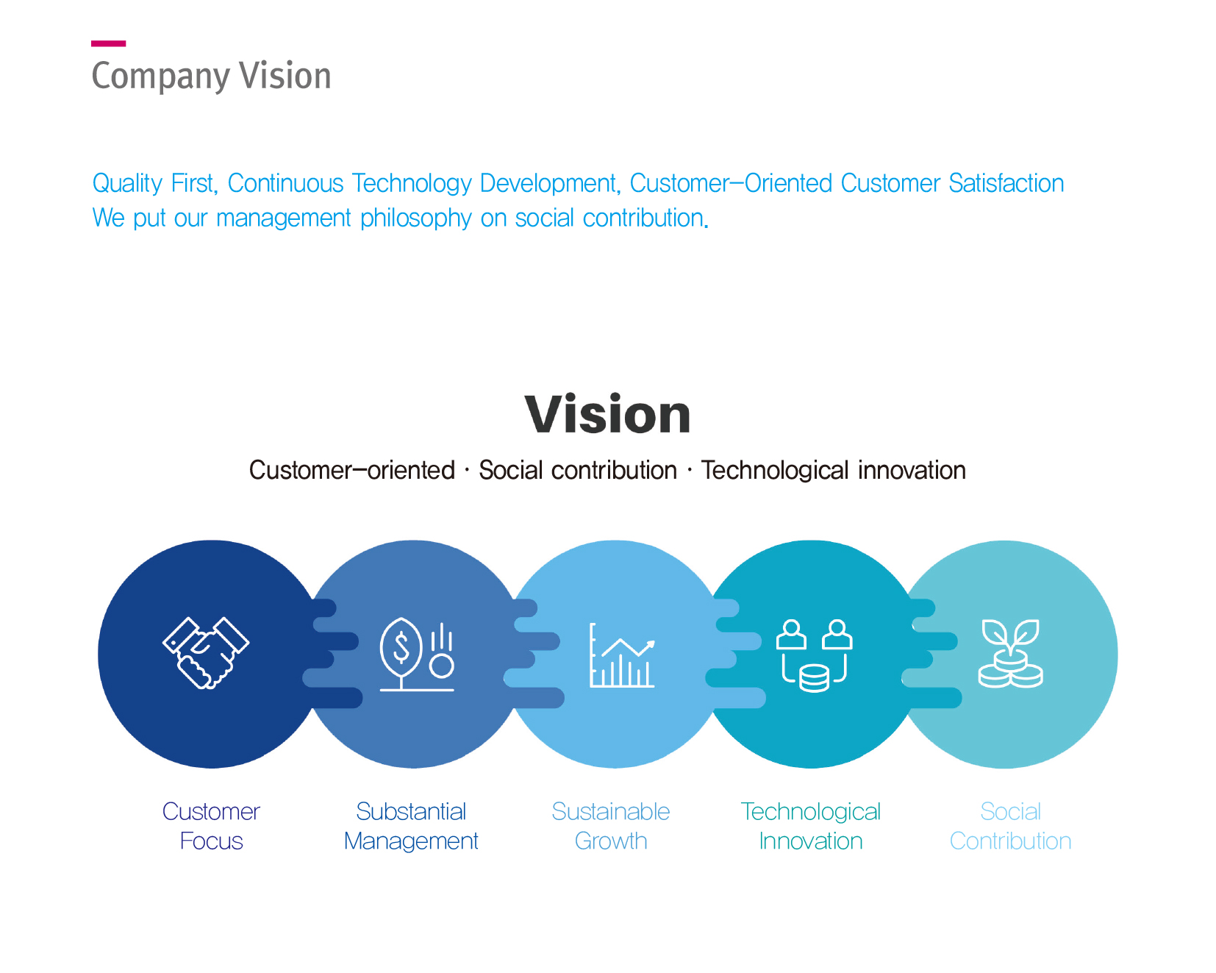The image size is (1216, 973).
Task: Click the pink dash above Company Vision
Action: click(x=108, y=44)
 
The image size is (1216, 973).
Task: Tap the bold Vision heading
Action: click(x=607, y=415)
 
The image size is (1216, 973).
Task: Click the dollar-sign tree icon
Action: click(x=416, y=655)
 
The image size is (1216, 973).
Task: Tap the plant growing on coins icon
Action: click(x=1010, y=654)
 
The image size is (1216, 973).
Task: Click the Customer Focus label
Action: click(x=211, y=826)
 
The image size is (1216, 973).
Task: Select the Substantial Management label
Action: click(x=411, y=826)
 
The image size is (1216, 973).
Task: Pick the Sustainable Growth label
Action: click(x=611, y=826)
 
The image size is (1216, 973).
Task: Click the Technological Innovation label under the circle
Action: click(x=810, y=826)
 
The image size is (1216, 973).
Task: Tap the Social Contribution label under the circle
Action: click(x=1010, y=826)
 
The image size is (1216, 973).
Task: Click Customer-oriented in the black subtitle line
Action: click(x=351, y=471)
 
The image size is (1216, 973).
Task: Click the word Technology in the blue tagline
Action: click(x=411, y=184)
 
